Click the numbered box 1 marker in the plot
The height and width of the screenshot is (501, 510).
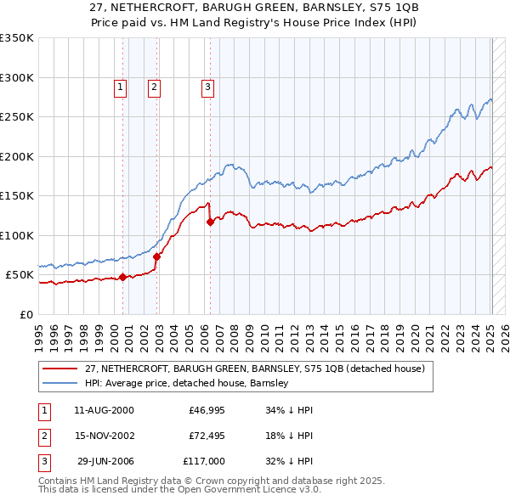(x=120, y=86)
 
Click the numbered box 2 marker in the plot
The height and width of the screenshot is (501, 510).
(x=154, y=86)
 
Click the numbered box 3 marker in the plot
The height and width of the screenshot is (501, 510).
(x=207, y=86)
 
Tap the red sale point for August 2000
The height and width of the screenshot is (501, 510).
(x=122, y=277)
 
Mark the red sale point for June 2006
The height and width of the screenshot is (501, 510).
(x=210, y=222)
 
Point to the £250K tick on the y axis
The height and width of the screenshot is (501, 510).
(x=17, y=117)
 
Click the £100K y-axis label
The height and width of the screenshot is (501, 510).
(x=17, y=235)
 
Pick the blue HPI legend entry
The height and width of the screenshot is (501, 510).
(x=187, y=383)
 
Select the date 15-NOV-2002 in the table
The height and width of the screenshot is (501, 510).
(x=105, y=436)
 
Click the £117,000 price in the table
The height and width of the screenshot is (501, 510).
(x=204, y=461)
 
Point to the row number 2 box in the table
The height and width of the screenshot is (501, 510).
(x=42, y=436)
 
